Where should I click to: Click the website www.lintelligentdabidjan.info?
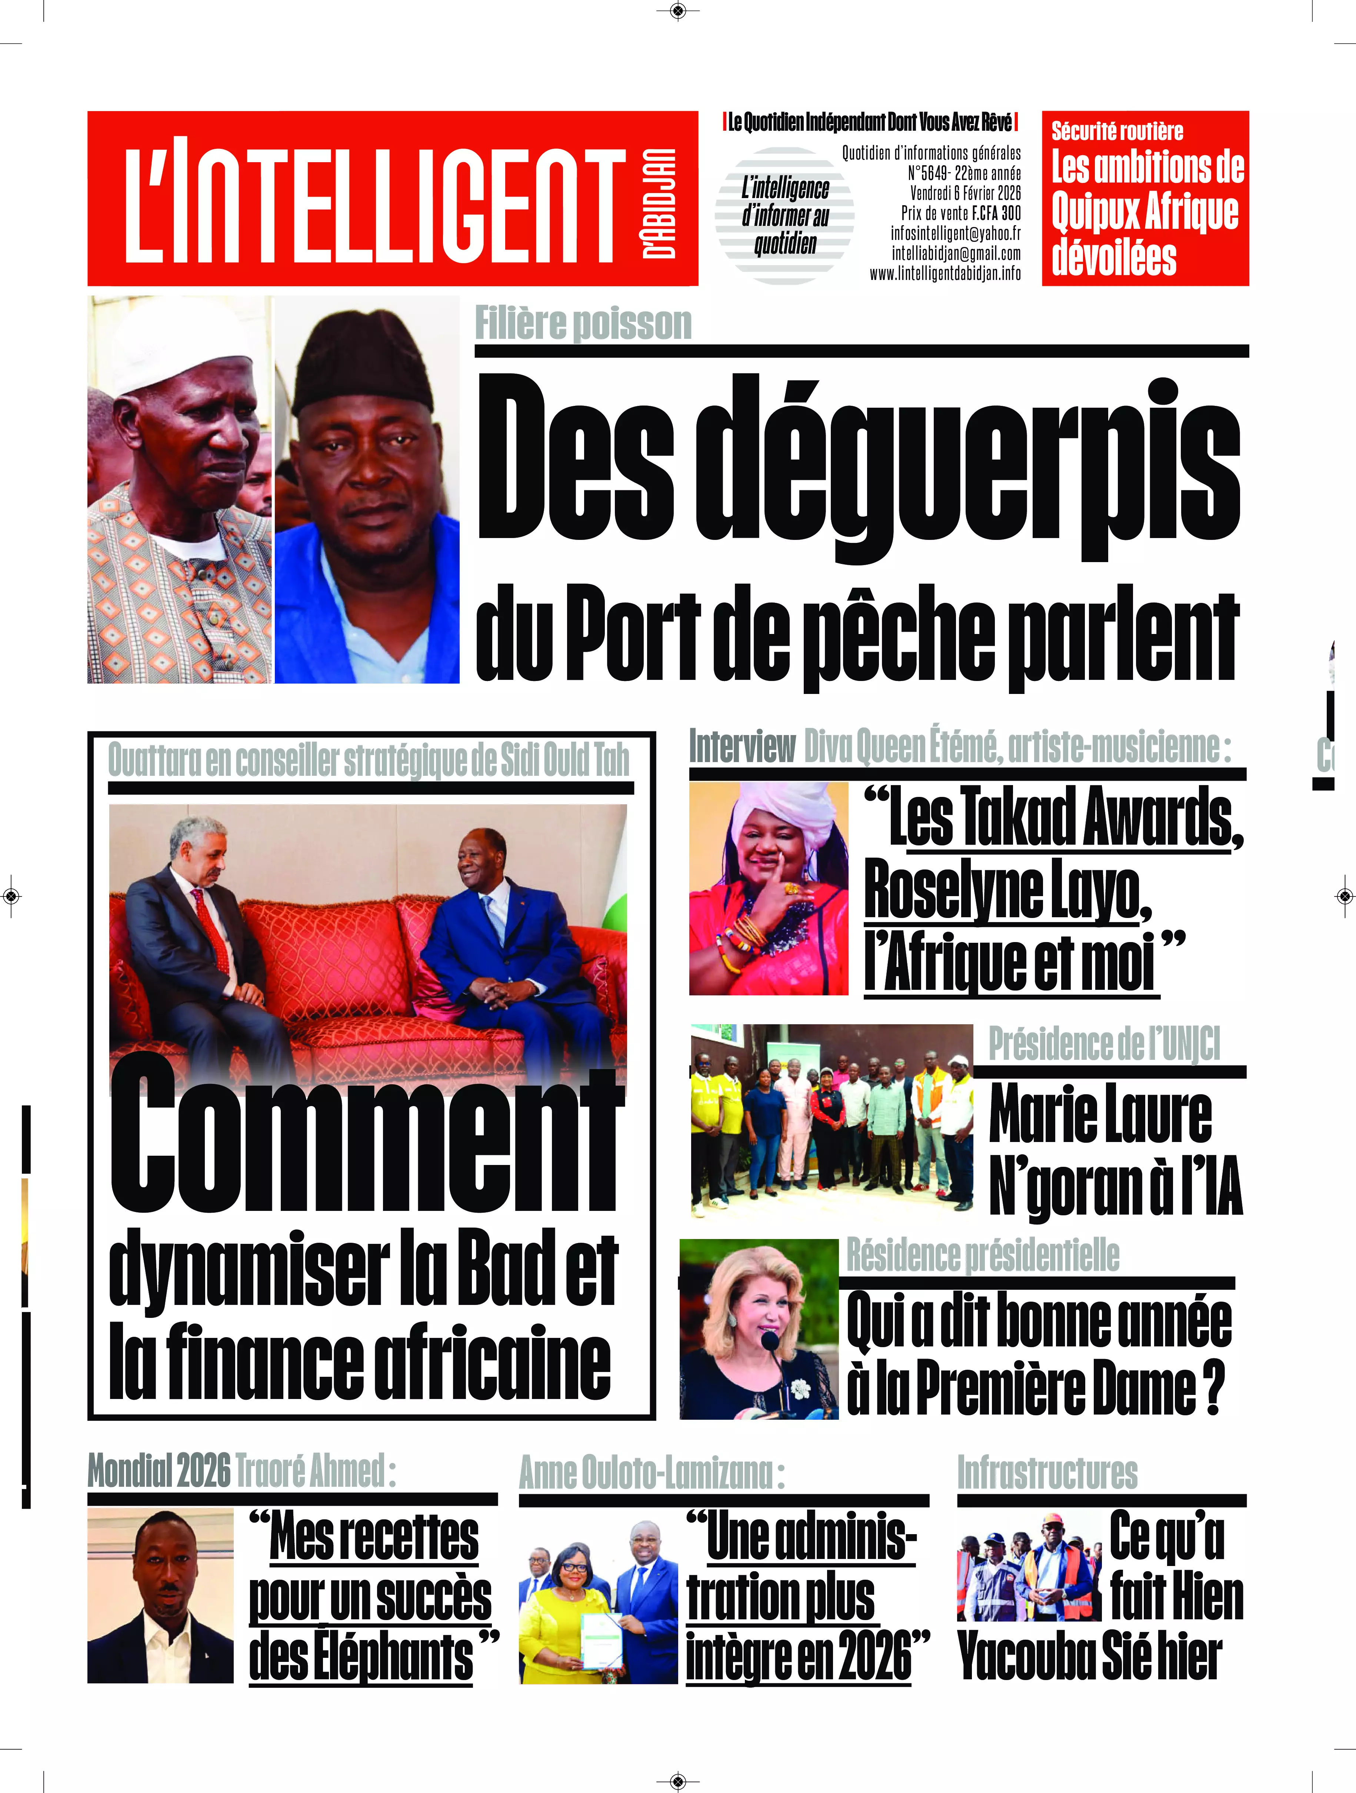click(x=945, y=274)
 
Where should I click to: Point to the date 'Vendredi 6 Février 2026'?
click(x=965, y=193)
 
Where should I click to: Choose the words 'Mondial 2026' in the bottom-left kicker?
click(x=159, y=1471)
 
